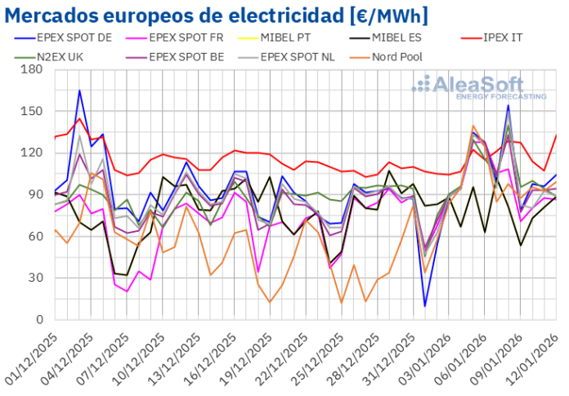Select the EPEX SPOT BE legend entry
198,56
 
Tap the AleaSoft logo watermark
478,87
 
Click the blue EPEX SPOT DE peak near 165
79,91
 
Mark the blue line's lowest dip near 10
424,305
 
